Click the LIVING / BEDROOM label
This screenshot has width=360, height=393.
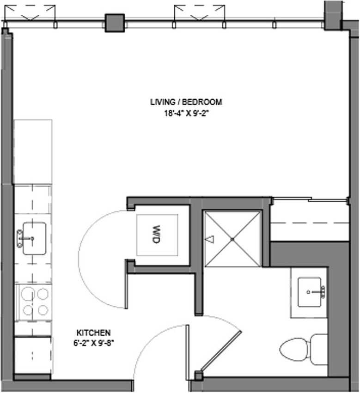(x=186, y=102)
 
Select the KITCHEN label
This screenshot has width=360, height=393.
(x=93, y=333)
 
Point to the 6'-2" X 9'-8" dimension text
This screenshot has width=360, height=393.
(x=93, y=342)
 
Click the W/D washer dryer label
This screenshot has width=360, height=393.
(x=157, y=234)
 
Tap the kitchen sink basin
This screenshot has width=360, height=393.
(x=34, y=238)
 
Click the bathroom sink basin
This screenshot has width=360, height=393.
(x=310, y=292)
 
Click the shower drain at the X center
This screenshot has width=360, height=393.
(x=232, y=239)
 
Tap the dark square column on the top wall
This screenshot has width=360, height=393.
(x=115, y=23)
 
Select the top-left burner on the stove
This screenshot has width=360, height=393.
(x=27, y=293)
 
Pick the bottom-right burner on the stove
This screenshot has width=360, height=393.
(x=43, y=310)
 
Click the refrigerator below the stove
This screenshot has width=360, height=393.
(x=32, y=355)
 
